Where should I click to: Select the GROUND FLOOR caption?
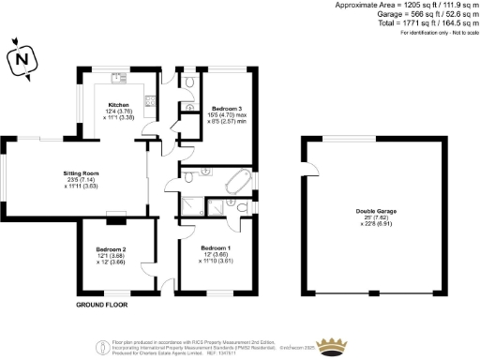(x=102, y=306)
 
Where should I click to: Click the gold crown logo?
(x=329, y=346)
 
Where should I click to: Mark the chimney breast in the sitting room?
(x=116, y=220)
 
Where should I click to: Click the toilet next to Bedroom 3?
(x=190, y=85)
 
